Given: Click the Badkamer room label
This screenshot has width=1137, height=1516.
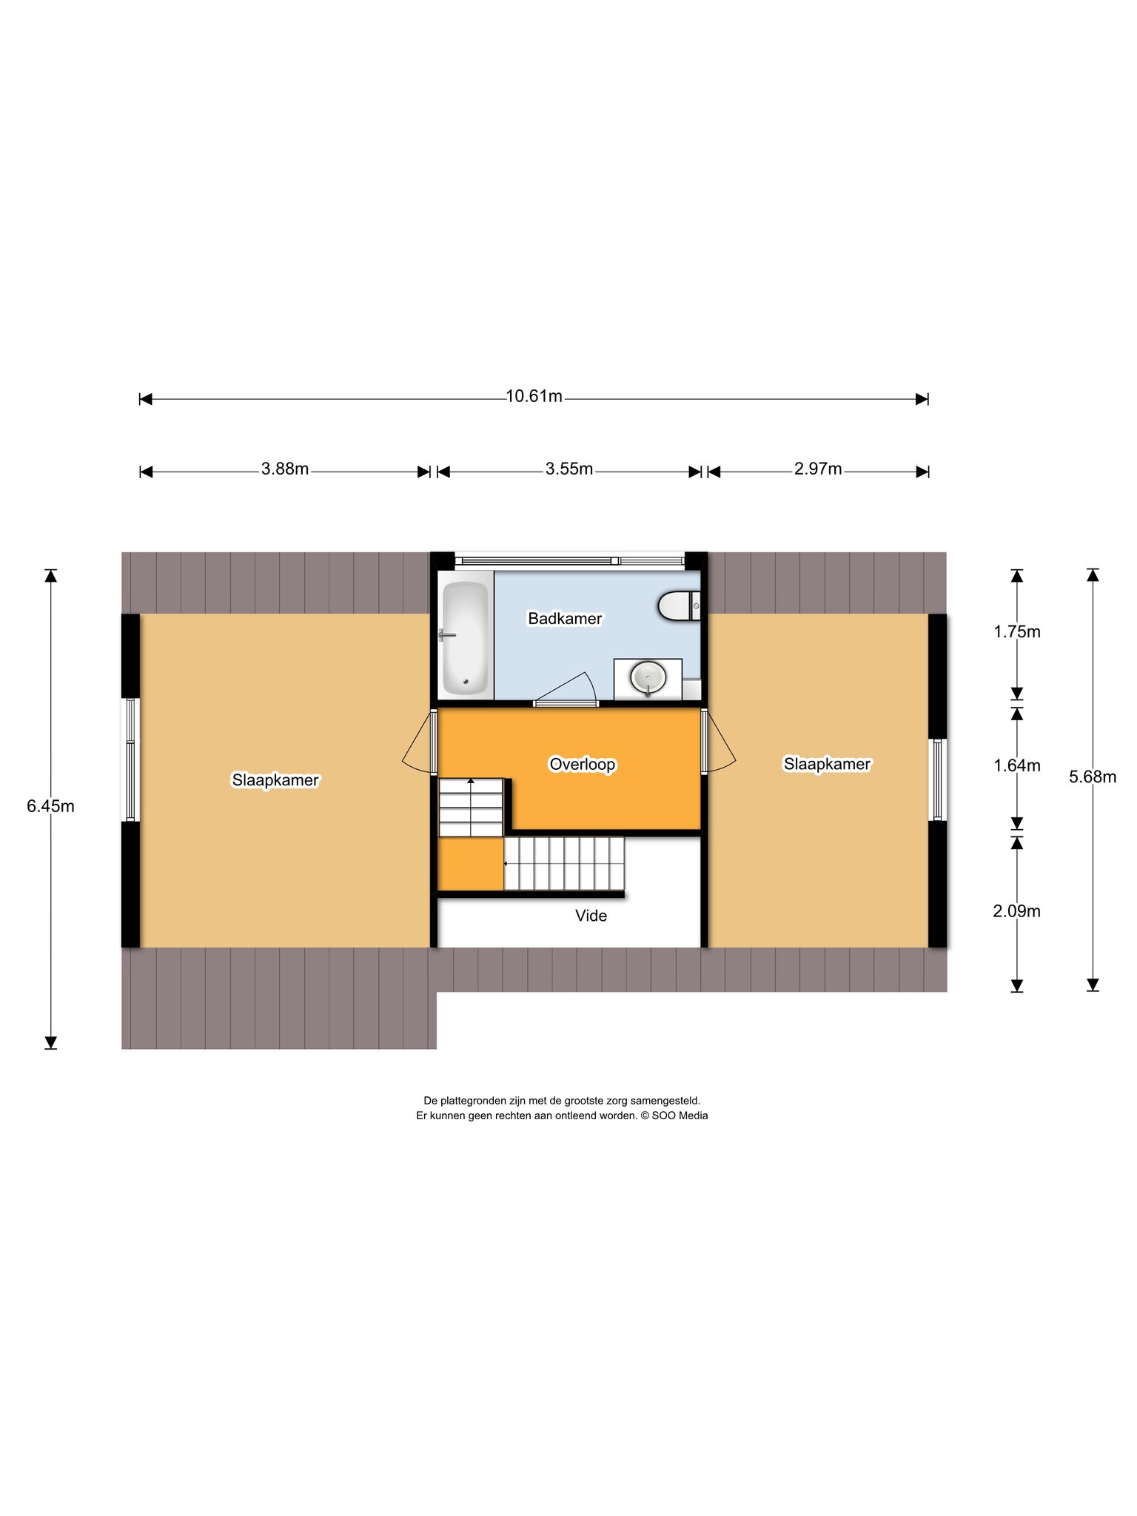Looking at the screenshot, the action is click(x=565, y=619).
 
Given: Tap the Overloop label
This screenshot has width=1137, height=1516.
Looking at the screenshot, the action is click(x=583, y=765).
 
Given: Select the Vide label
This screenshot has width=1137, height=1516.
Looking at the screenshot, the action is click(x=591, y=916).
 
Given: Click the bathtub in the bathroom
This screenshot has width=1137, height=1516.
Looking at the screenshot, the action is click(x=465, y=638).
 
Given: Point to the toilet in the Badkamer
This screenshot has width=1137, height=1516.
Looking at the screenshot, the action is click(x=679, y=606).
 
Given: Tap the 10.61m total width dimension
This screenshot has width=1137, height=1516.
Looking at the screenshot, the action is click(x=534, y=397).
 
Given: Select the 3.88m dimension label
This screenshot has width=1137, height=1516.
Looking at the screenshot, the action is click(x=285, y=469).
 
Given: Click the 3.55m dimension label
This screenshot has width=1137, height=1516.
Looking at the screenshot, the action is click(x=569, y=469).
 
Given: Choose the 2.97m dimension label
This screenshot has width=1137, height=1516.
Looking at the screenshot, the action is click(x=818, y=469).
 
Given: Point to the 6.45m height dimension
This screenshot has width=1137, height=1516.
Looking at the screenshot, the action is click(x=50, y=807).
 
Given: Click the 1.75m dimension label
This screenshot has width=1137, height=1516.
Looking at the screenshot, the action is click(x=1017, y=632).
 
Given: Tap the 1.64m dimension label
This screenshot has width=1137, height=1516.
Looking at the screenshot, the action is click(x=1017, y=766).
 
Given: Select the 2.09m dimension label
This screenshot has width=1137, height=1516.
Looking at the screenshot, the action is click(x=1017, y=912).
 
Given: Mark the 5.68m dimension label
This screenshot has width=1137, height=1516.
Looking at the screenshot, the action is click(x=1093, y=777).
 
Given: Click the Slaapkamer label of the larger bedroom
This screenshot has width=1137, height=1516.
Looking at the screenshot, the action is click(x=275, y=780).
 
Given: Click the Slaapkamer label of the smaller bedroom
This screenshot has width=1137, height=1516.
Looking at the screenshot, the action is click(x=827, y=765).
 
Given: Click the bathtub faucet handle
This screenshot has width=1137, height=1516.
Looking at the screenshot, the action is click(x=446, y=635).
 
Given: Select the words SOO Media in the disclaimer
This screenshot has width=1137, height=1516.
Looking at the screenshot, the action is click(x=680, y=1116).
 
